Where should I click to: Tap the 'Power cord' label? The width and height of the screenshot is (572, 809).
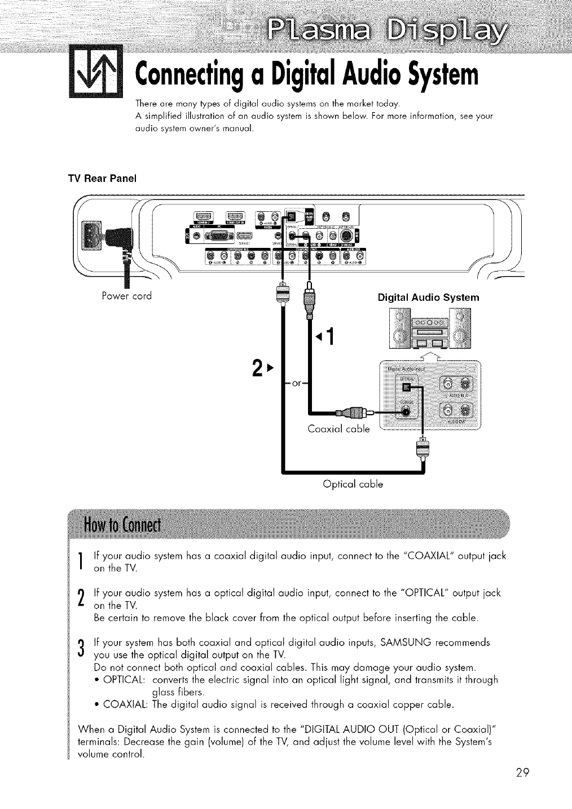129,296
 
